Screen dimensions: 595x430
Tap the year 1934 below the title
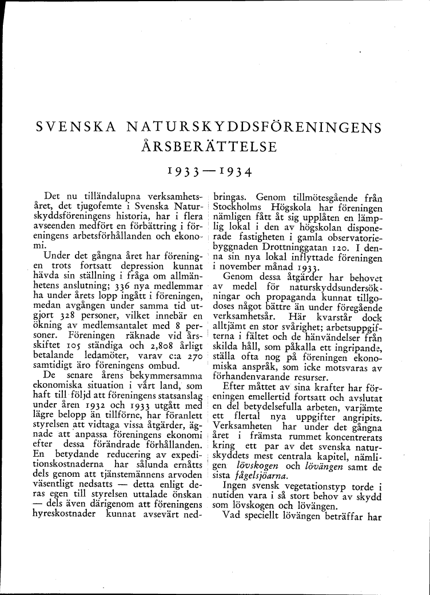(232, 170)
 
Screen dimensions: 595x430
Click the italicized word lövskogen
(254, 466)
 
